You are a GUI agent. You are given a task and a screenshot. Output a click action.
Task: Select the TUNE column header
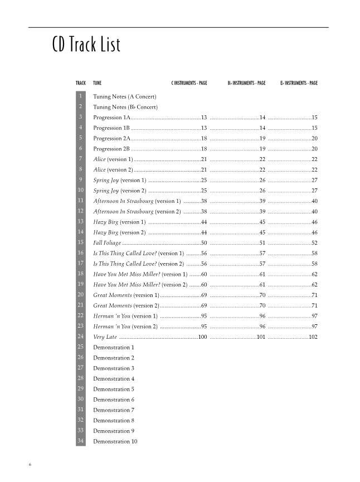[x=98, y=83]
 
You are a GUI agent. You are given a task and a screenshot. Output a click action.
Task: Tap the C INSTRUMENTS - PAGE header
[x=189, y=83]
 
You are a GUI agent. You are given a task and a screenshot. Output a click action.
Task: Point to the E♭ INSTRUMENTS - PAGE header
[x=299, y=83]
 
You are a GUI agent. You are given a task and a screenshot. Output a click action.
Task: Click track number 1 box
[x=81, y=96]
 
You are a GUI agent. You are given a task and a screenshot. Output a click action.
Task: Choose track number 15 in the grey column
[x=81, y=242]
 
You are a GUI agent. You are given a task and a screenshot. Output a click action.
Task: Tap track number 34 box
[x=81, y=441]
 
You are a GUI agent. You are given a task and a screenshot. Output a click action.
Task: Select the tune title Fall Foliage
[x=107, y=243]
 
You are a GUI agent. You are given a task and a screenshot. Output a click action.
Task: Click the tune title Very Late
[x=105, y=337]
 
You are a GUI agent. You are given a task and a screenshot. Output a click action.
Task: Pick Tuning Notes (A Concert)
[x=120, y=97]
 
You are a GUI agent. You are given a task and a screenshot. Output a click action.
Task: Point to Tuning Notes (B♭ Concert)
[x=125, y=107]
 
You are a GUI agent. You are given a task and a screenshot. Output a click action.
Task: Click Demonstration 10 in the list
[x=115, y=442]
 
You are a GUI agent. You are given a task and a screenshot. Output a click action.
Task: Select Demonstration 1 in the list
[x=114, y=347]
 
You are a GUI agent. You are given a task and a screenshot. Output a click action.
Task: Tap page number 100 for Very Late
[x=202, y=337]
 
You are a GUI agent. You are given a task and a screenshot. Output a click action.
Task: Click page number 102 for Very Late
[x=313, y=337]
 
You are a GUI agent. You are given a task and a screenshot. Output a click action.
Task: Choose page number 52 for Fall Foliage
[x=314, y=243]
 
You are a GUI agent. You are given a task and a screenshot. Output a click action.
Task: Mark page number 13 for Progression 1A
[x=204, y=118]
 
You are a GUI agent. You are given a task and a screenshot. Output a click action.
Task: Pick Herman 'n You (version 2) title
[x=125, y=327]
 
